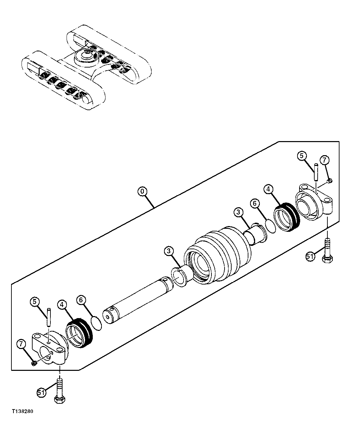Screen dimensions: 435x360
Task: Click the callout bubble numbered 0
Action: coord(143,191)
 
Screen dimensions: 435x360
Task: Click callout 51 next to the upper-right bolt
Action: coord(310,257)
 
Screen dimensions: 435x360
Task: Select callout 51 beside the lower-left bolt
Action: coord(41,392)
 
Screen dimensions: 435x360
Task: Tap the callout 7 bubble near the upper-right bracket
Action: coord(324,160)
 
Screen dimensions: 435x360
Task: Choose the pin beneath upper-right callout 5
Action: coord(316,171)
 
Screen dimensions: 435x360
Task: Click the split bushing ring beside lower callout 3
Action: coord(181,275)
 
